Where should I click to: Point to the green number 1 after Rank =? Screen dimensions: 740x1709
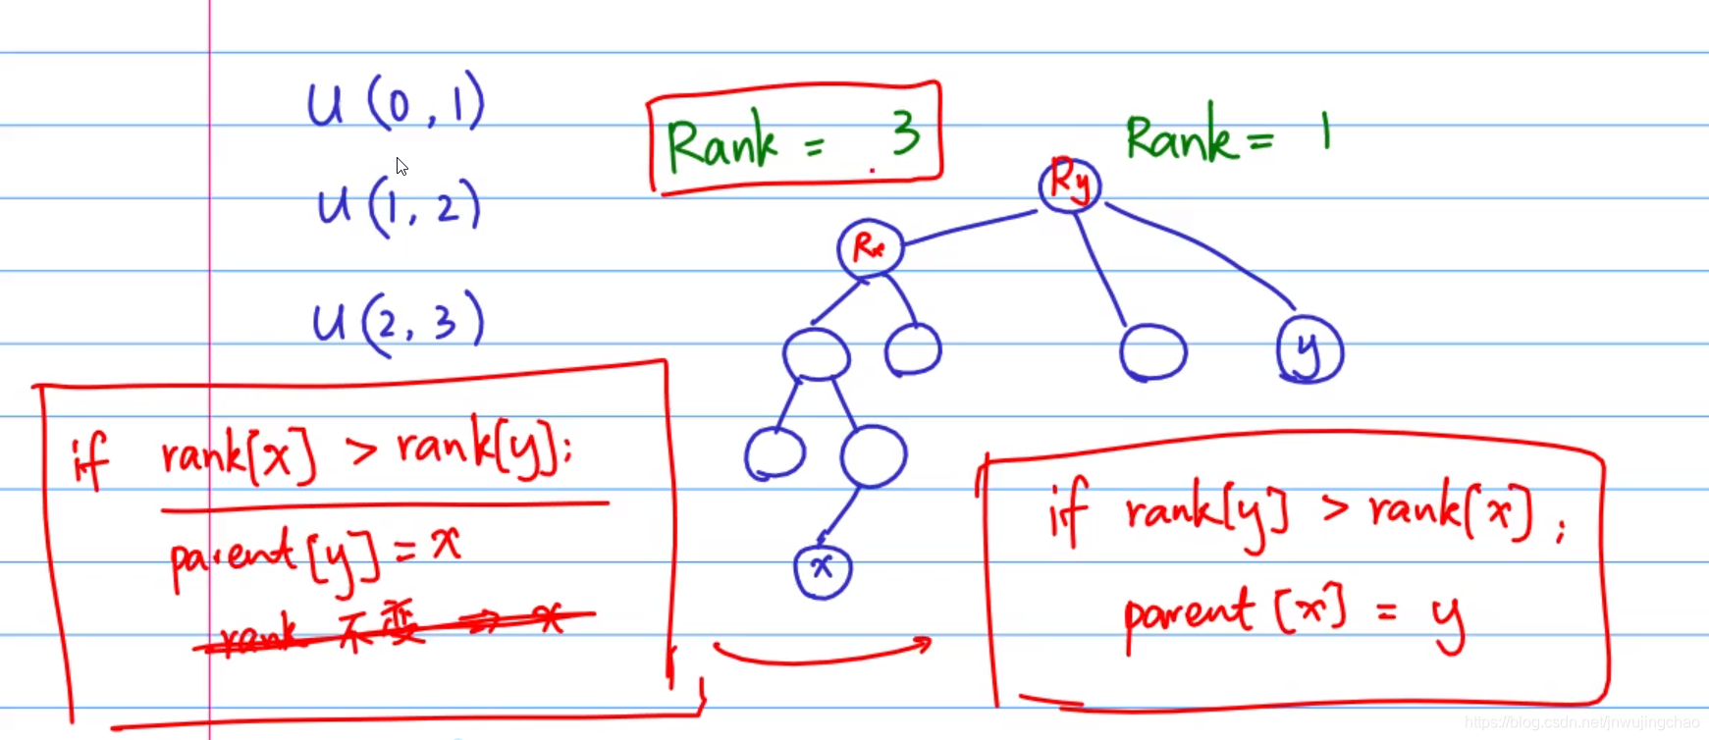pyautogui.click(x=1325, y=131)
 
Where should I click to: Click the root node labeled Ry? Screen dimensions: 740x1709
pyautogui.click(x=1069, y=184)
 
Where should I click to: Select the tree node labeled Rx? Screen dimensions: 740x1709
pyautogui.click(x=870, y=247)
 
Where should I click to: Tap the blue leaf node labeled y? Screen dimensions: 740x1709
pyautogui.click(x=1308, y=349)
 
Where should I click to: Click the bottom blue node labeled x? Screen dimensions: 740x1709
pyautogui.click(x=823, y=569)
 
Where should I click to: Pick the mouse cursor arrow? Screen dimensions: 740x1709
pyautogui.click(x=401, y=166)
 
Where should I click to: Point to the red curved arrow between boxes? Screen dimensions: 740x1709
pyautogui.click(x=823, y=653)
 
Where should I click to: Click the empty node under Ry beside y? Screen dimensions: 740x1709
pyautogui.click(x=1152, y=351)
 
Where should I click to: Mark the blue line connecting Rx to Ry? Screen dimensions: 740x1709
pyautogui.click(x=970, y=227)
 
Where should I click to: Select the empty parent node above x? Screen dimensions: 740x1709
pyautogui.click(x=873, y=455)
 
